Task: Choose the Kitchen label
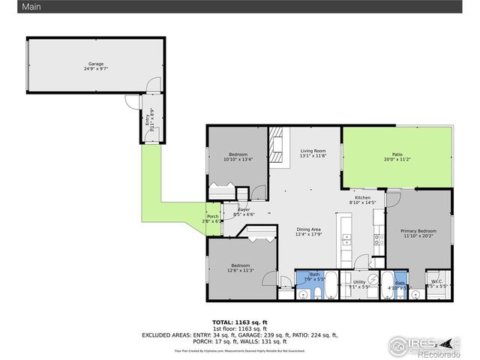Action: pos(363,197)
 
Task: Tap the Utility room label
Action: pos(358,282)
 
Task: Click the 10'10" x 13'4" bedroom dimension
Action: pos(238,159)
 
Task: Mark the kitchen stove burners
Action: pos(379,241)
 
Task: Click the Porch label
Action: pos(211,217)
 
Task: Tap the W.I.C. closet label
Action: pos(436,282)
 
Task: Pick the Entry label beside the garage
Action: pos(146,120)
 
